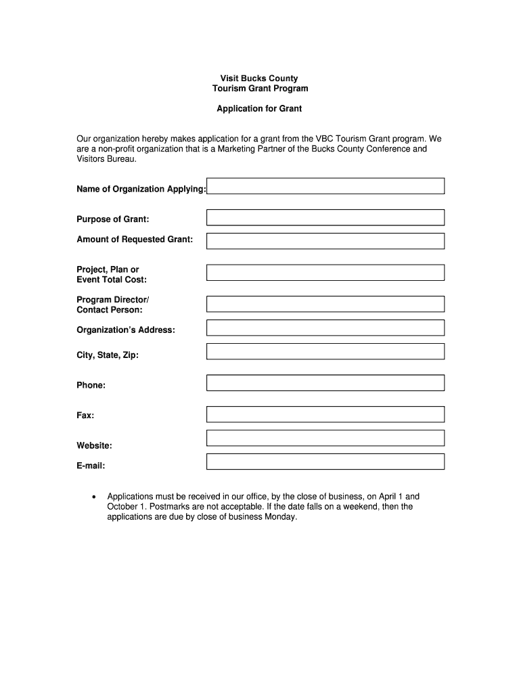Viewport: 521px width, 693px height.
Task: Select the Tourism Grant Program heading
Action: pyautogui.click(x=260, y=89)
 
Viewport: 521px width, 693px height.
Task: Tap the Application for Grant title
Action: pyautogui.click(x=259, y=108)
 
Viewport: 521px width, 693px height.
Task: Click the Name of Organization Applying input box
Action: pyautogui.click(x=325, y=186)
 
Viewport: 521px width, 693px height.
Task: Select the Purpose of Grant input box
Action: pyautogui.click(x=325, y=217)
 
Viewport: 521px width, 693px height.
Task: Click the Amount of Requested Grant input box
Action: pyautogui.click(x=325, y=241)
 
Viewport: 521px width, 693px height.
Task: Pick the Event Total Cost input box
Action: pyautogui.click(x=325, y=273)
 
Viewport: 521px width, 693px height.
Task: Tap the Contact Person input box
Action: pyautogui.click(x=325, y=304)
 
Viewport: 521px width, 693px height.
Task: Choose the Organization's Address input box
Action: pyautogui.click(x=325, y=328)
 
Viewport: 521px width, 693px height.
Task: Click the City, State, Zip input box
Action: pyautogui.click(x=325, y=351)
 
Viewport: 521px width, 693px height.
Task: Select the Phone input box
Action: pyautogui.click(x=325, y=383)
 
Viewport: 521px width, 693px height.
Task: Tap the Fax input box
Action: pyautogui.click(x=325, y=414)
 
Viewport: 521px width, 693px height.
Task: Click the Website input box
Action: pyautogui.click(x=325, y=438)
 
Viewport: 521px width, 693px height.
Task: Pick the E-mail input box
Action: pyautogui.click(x=325, y=462)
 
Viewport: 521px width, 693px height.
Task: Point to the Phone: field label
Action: pyautogui.click(x=91, y=385)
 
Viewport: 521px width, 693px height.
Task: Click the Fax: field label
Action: pyautogui.click(x=85, y=415)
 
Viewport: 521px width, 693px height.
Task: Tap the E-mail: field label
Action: pyautogui.click(x=91, y=466)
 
